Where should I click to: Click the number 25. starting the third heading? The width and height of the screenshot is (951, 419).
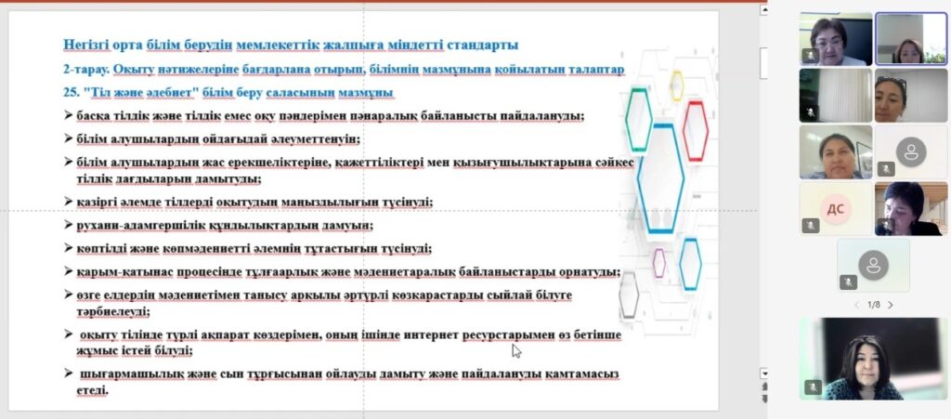(71, 92)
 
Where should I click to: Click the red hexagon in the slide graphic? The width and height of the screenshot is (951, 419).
(695, 131)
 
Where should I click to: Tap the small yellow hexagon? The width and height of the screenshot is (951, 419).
(676, 85)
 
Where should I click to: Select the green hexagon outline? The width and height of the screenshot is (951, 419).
(639, 120)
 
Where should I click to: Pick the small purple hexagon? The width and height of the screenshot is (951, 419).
(659, 263)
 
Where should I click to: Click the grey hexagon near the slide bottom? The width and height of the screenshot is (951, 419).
(629, 295)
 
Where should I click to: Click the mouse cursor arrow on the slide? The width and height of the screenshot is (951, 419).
(516, 351)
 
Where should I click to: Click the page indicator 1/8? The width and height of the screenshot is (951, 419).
(874, 305)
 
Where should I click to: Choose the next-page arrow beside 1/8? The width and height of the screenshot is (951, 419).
(891, 305)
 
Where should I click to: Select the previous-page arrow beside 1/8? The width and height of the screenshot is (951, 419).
(857, 305)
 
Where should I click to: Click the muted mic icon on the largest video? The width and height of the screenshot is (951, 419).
(813, 387)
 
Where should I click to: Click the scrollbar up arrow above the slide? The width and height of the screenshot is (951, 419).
(764, 9)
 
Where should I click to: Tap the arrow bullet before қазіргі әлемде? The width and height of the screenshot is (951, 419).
(68, 201)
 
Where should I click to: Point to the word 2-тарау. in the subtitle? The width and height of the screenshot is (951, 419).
(86, 69)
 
